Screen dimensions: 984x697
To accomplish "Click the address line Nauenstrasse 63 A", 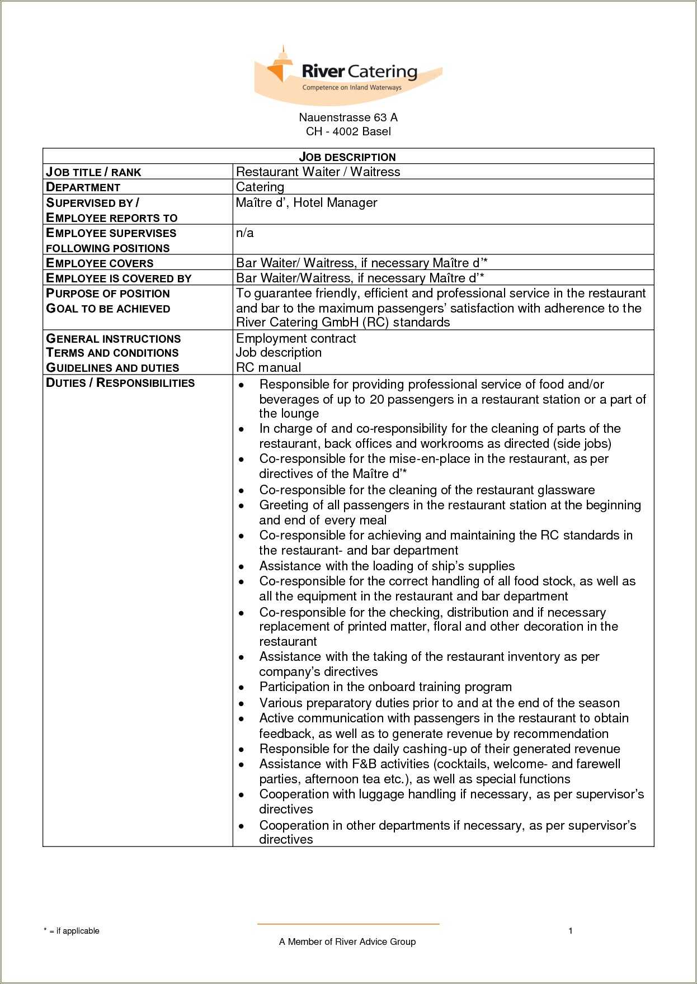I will click(x=348, y=117).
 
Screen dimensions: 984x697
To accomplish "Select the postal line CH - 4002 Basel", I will click(x=348, y=132).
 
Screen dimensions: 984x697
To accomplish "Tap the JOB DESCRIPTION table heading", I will click(x=347, y=157).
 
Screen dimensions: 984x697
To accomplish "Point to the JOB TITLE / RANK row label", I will click(x=93, y=172).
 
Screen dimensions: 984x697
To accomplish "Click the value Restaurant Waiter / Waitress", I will click(x=318, y=172).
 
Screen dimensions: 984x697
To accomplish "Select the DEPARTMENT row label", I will click(x=83, y=187).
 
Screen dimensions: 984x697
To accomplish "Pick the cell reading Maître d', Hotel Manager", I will click(x=307, y=202).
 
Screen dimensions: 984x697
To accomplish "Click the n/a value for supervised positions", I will click(x=244, y=233).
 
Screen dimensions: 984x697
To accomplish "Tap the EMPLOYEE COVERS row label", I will click(x=100, y=263).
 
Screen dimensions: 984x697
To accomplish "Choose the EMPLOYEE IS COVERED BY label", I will click(x=119, y=278).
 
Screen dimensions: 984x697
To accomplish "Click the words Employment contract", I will click(x=296, y=338).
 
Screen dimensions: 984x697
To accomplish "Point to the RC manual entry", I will click(x=269, y=367).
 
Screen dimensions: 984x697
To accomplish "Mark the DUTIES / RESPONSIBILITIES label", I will click(x=120, y=383).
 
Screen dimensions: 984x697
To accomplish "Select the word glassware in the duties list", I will click(x=566, y=490).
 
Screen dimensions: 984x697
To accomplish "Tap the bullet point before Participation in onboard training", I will click(x=241, y=688).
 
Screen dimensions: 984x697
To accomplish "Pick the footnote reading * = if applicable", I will click(x=72, y=931).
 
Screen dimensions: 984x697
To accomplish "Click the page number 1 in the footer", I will click(x=570, y=931).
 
